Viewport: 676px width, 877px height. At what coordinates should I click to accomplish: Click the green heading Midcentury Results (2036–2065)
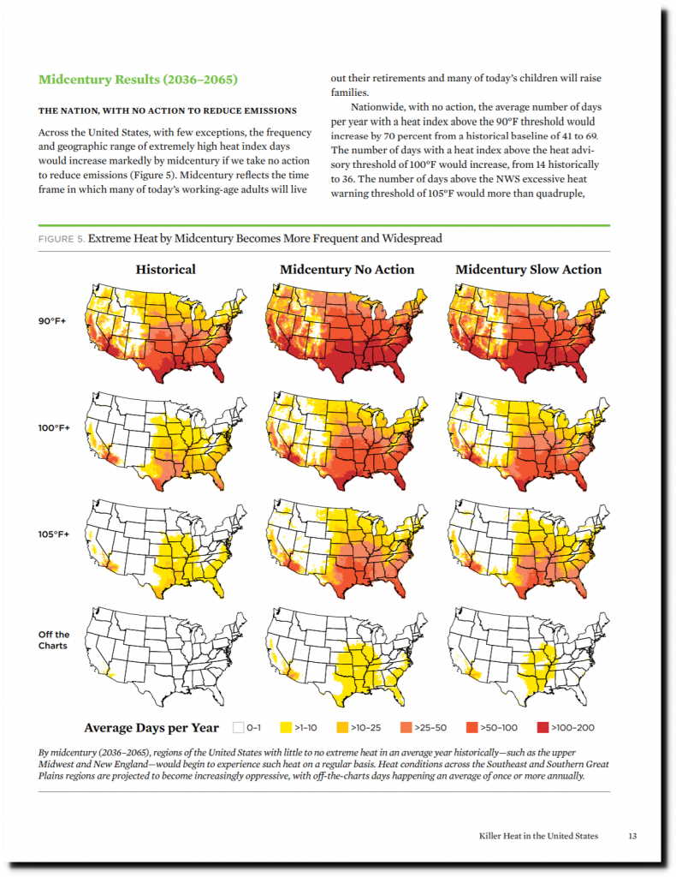click(138, 81)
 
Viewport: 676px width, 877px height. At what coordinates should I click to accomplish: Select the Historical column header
click(165, 269)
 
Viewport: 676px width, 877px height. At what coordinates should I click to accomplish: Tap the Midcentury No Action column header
click(347, 269)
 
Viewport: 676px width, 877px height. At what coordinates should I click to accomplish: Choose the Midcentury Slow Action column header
click(528, 269)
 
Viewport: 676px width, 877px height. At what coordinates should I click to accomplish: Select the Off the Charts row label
click(54, 640)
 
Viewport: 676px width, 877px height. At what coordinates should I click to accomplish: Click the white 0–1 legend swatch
click(238, 728)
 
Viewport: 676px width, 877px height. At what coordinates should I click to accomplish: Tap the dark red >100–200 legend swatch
click(543, 728)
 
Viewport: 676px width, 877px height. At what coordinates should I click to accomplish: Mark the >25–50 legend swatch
click(406, 728)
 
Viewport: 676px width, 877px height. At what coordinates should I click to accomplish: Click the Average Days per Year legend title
click(151, 728)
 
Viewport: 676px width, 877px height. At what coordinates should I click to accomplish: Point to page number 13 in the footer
click(632, 835)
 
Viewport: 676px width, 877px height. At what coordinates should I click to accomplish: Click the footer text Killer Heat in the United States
click(538, 835)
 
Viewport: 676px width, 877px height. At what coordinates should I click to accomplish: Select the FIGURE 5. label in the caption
click(62, 239)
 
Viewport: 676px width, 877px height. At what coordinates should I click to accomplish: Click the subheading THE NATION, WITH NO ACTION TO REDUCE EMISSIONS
click(168, 110)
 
